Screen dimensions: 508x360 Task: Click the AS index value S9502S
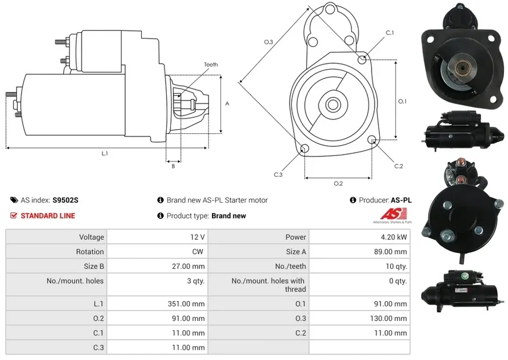tap(66, 200)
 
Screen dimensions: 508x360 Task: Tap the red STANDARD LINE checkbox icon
tap(14, 215)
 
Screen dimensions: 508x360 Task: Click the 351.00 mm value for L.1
tap(186, 303)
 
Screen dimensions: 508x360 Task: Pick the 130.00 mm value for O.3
tap(388, 318)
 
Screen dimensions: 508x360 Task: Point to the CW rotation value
tap(198, 252)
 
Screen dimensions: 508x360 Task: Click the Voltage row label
tap(91, 237)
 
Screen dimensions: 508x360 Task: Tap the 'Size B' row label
tap(94, 266)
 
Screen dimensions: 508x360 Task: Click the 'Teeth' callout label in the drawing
tap(211, 65)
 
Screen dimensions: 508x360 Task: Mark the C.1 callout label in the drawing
tap(389, 33)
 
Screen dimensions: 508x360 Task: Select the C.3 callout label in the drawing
tap(278, 174)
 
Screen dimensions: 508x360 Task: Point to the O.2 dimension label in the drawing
tap(338, 183)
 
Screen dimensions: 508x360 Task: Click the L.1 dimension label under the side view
tap(105, 154)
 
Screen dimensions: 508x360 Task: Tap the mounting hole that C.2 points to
tap(373, 140)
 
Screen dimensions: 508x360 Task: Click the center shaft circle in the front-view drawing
tap(332, 105)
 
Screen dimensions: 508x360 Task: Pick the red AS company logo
tap(394, 214)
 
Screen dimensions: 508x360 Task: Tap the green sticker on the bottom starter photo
tap(465, 276)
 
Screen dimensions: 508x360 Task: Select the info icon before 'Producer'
tap(353, 200)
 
